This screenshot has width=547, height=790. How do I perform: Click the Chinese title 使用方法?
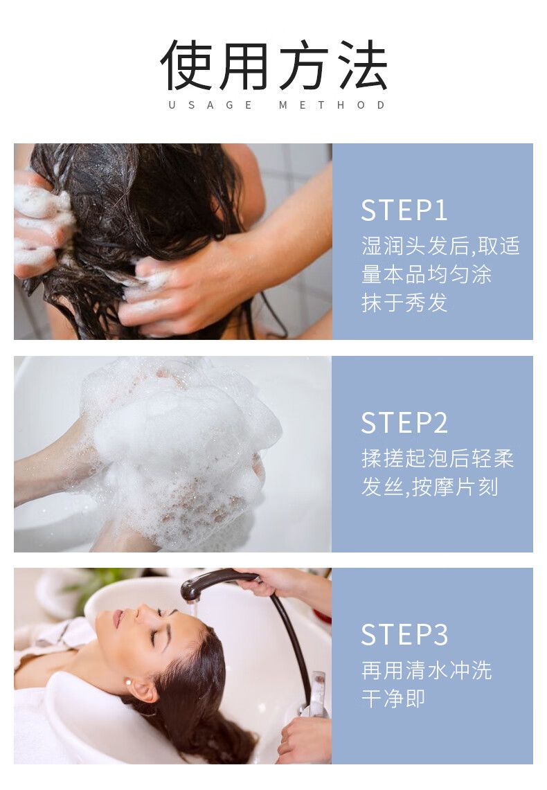(x=273, y=64)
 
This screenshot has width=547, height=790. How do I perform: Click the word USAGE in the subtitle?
(x=210, y=105)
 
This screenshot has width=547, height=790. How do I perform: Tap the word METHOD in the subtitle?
(x=332, y=105)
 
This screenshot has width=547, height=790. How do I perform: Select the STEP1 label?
(x=404, y=210)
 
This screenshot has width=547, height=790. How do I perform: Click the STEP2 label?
(x=404, y=423)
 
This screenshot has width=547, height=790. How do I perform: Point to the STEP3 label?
(x=404, y=634)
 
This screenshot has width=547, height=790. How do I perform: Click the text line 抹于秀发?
(x=404, y=303)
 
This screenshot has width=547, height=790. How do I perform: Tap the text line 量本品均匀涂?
(x=426, y=275)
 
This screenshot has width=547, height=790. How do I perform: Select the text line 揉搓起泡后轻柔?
(x=437, y=458)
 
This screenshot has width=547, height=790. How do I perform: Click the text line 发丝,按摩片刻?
(x=430, y=487)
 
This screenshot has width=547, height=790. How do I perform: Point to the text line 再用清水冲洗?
(x=426, y=670)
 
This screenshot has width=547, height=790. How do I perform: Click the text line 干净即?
(x=393, y=699)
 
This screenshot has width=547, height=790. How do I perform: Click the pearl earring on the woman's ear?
(x=128, y=682)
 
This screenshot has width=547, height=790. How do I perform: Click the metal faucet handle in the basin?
(x=317, y=692)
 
